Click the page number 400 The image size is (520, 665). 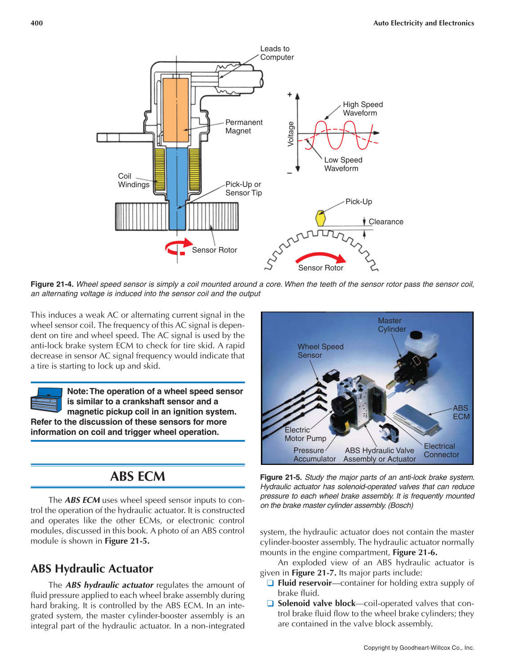point(37,23)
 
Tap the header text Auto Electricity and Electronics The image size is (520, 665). point(423,23)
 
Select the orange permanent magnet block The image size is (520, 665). point(176,110)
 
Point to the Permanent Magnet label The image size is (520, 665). point(244,127)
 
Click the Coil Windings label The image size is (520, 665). point(133,180)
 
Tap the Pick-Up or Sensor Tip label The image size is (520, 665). point(243,188)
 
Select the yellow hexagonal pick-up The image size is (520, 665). point(320,218)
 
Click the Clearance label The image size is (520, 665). point(386,222)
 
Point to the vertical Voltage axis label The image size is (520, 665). point(291,134)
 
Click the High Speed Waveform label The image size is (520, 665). point(363,109)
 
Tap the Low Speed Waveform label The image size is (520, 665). point(343,164)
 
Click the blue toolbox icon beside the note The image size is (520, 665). point(46,400)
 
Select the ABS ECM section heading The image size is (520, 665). point(138,477)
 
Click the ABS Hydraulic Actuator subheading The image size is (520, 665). point(92,569)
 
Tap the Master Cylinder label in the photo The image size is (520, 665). point(391,325)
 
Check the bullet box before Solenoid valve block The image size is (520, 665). point(270,603)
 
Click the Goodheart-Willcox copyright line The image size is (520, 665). point(418,648)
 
